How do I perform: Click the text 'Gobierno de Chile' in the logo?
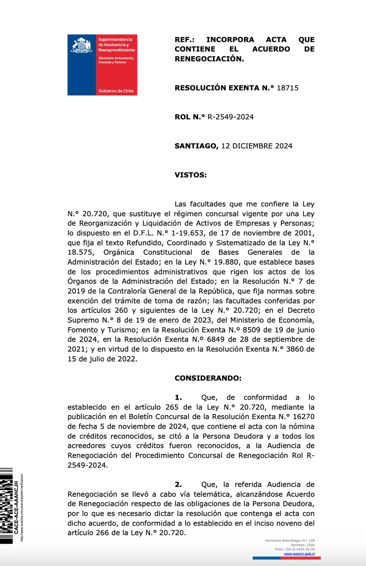tap(116, 91)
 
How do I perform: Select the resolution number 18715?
tap(287, 88)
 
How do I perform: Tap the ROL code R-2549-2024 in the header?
tap(230, 117)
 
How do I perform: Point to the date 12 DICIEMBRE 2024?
tap(256, 146)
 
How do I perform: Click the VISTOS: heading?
tap(190, 175)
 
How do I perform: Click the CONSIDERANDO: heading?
tap(208, 378)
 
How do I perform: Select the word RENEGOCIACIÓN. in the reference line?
tap(209, 59)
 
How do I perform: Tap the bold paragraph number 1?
tap(178, 397)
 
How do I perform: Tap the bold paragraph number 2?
tap(178, 484)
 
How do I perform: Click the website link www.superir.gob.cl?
tap(299, 554)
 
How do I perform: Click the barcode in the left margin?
tap(6, 506)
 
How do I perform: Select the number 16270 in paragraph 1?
tap(304, 417)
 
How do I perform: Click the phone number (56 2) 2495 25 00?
tap(300, 549)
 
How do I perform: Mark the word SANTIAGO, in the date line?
tap(196, 146)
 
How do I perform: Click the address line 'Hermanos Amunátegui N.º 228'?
tap(290, 541)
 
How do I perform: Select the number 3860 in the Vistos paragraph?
tap(295, 349)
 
